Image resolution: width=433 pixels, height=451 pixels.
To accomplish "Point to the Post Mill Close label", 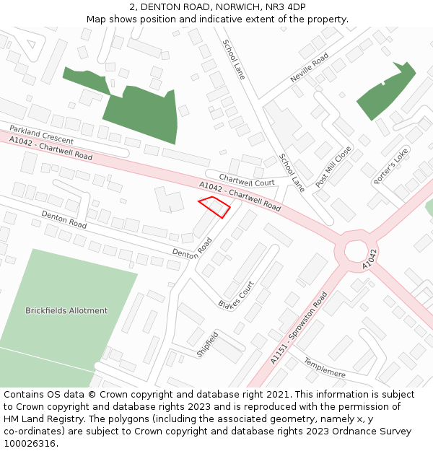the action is tap(333, 167).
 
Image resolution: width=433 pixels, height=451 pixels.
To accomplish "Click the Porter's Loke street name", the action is tap(391, 166).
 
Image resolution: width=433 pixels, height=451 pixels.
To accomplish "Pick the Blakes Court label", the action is tap(237, 294).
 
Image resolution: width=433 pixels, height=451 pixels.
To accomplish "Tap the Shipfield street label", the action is tap(207, 345).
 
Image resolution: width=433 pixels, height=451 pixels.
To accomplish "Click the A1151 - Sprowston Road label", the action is tap(299, 327).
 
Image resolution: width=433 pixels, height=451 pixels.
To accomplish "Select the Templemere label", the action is tap(325, 367).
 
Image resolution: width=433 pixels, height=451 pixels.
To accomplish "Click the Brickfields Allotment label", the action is tap(66, 311).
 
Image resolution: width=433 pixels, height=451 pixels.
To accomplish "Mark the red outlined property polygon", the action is tap(214, 206).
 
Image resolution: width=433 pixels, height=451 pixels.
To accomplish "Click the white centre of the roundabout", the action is tap(356, 251).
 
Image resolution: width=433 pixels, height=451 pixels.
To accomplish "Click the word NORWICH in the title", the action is tap(224, 6).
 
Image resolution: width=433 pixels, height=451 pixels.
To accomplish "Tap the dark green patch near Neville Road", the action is tap(387, 90).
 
